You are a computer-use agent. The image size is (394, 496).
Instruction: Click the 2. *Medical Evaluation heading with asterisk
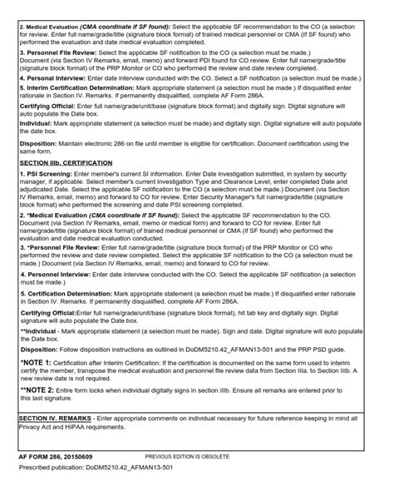point(57,214)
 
